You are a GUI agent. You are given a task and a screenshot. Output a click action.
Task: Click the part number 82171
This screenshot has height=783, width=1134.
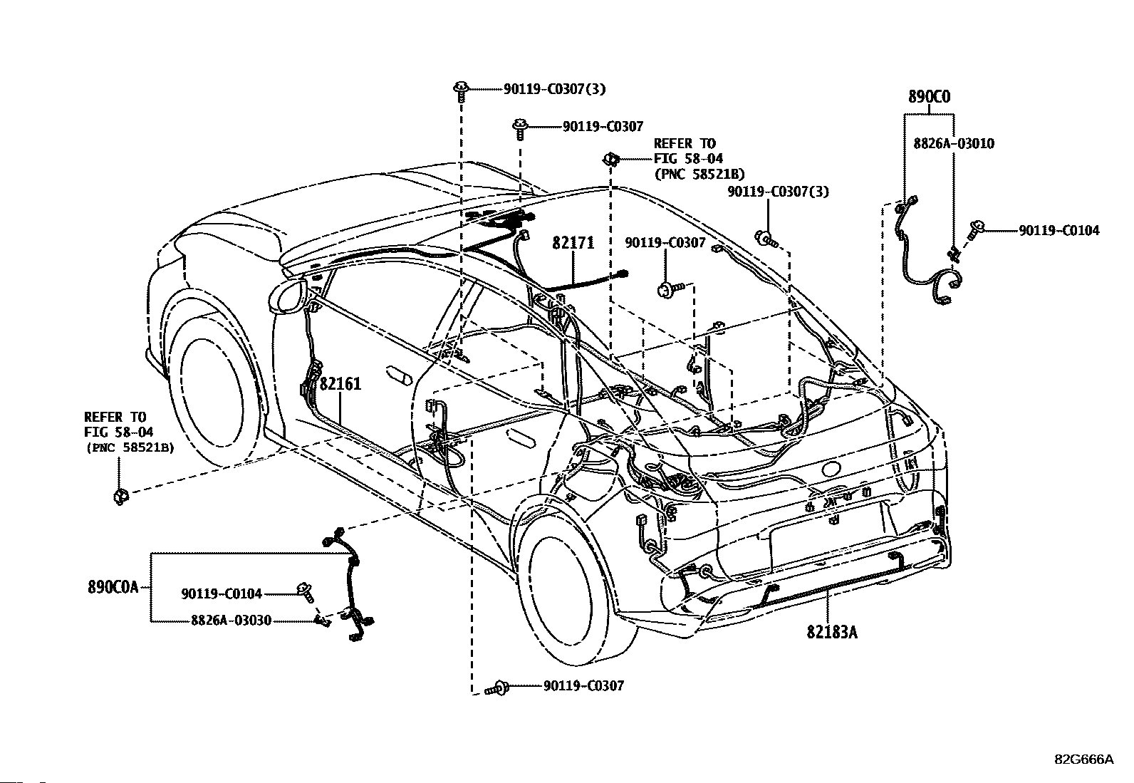[x=573, y=243]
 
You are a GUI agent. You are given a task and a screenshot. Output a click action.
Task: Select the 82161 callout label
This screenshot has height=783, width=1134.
[x=340, y=384]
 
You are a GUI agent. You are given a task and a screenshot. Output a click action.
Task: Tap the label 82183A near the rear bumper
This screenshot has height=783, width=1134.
[x=832, y=632]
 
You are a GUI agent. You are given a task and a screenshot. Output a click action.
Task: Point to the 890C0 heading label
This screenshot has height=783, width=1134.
[x=929, y=96]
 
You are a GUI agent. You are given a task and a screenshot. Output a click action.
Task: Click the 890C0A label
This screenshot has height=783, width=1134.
[x=113, y=587]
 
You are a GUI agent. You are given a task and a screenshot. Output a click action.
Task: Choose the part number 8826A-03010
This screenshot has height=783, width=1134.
[x=954, y=143]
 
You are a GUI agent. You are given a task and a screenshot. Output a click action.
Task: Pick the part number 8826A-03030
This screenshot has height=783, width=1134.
[x=232, y=621]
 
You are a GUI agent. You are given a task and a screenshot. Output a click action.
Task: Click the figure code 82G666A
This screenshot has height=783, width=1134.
[x=1084, y=759]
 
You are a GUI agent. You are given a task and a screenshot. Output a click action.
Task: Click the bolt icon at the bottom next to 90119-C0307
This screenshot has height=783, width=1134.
[x=498, y=688]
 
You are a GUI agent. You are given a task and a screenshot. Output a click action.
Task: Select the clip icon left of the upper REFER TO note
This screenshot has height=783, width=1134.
[x=611, y=160]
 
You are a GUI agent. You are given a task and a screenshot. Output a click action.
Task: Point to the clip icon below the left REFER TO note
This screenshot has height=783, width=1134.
[x=120, y=496]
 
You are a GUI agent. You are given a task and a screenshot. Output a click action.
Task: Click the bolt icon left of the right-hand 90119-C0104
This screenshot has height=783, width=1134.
[x=975, y=229]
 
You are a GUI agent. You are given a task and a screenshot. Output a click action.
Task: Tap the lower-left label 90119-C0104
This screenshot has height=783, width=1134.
[x=222, y=593]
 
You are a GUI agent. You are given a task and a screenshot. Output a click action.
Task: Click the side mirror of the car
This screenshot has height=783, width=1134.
[x=287, y=297]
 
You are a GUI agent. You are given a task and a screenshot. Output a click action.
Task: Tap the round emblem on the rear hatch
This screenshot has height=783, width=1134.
[x=831, y=469]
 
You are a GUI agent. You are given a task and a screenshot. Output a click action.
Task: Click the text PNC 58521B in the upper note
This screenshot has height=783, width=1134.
[x=699, y=175]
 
